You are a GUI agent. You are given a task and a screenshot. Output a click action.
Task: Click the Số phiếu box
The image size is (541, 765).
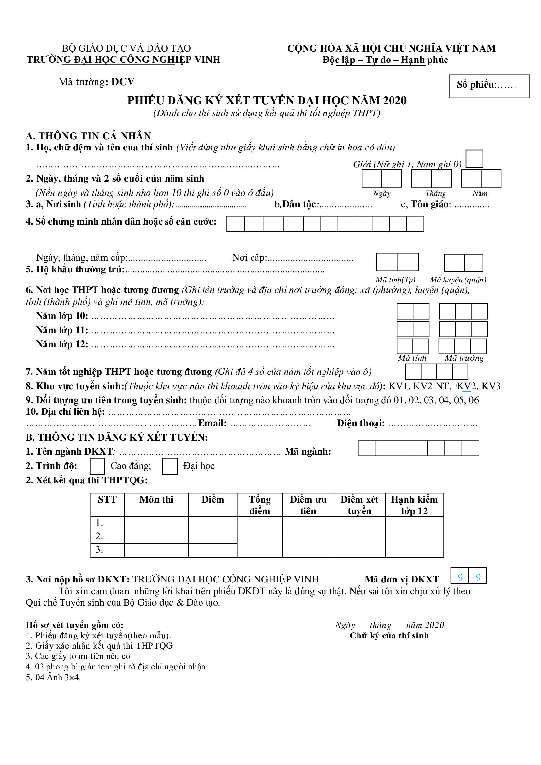489,86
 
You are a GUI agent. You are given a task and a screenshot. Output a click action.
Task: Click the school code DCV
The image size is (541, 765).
123,82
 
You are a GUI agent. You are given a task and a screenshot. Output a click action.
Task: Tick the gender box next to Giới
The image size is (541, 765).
474,159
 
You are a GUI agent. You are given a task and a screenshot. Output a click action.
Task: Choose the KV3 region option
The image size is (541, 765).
491,386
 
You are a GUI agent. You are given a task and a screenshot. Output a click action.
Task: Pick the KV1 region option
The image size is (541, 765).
399,386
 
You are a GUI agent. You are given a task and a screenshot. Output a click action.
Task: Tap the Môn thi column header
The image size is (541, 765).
156,500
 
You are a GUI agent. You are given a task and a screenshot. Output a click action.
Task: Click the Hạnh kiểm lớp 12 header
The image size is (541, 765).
414,505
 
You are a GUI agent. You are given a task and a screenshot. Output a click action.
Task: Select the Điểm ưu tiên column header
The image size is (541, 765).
308,505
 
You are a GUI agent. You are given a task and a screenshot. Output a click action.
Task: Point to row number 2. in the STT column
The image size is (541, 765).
99,536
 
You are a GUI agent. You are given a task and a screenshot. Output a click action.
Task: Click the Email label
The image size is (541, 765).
212,423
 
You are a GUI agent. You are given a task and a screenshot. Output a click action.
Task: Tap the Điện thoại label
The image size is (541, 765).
360,423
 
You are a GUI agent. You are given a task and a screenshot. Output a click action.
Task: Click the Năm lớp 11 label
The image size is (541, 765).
62,330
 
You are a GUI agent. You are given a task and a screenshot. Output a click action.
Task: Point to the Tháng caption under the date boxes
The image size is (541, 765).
435,194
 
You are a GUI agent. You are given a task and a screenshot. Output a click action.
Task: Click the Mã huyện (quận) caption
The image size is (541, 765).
458,280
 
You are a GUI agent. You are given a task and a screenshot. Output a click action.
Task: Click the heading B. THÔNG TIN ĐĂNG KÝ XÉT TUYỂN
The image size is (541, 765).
117,437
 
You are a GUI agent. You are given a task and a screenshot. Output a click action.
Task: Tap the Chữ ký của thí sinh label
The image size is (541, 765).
389,636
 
